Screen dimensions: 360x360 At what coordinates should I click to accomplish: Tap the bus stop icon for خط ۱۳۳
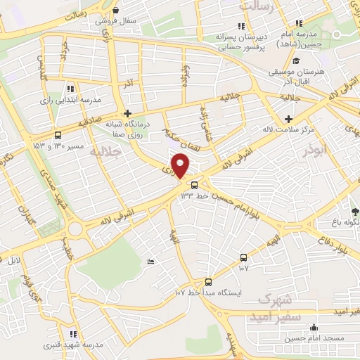click(194, 185)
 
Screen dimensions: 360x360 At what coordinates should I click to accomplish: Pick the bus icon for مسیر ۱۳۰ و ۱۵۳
click(58, 136)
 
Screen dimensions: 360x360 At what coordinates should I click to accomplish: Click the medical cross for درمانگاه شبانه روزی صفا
click(127, 112)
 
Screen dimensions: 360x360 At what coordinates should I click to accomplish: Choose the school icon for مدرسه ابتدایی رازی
click(71, 89)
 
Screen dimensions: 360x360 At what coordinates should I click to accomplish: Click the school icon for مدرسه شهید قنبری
click(72, 334)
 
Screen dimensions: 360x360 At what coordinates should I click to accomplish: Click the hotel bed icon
click(151, 262)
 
